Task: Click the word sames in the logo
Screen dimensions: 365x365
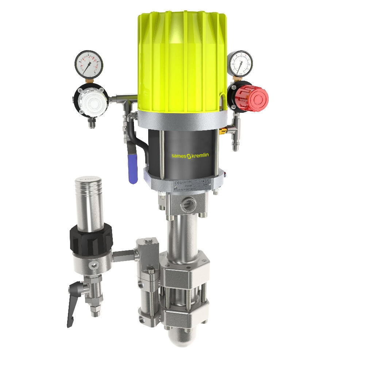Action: [179, 156]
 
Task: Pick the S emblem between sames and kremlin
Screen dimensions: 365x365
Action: [189, 156]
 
